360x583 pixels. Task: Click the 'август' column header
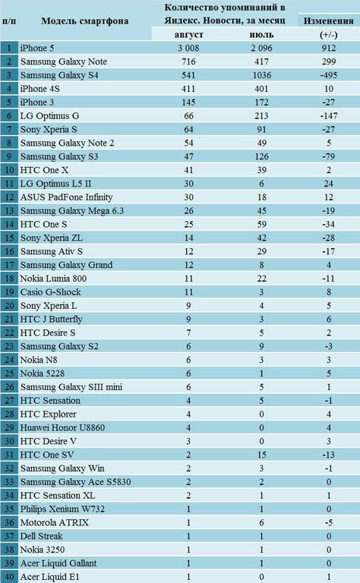tap(188, 35)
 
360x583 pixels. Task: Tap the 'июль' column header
tap(261, 35)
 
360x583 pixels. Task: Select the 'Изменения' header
tap(328, 20)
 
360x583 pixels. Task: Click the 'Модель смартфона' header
tap(85, 20)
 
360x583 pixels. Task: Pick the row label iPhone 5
tap(37, 48)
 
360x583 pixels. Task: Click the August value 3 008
tap(188, 48)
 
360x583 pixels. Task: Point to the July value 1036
tap(261, 75)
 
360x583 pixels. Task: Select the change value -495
tap(329, 75)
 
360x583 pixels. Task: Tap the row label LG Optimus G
tap(49, 116)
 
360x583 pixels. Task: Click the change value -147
tap(329, 116)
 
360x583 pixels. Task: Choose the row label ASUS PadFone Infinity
tap(66, 197)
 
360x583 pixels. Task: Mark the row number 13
tap(9, 211)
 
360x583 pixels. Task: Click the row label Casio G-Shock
tap(50, 292)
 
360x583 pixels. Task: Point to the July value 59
tap(261, 224)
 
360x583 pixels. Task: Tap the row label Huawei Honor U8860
tap(62, 427)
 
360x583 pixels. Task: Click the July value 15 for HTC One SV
tap(261, 455)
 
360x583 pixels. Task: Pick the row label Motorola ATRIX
tap(54, 522)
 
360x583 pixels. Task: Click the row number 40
tap(9, 577)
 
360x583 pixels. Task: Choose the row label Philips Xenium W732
tap(62, 509)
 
